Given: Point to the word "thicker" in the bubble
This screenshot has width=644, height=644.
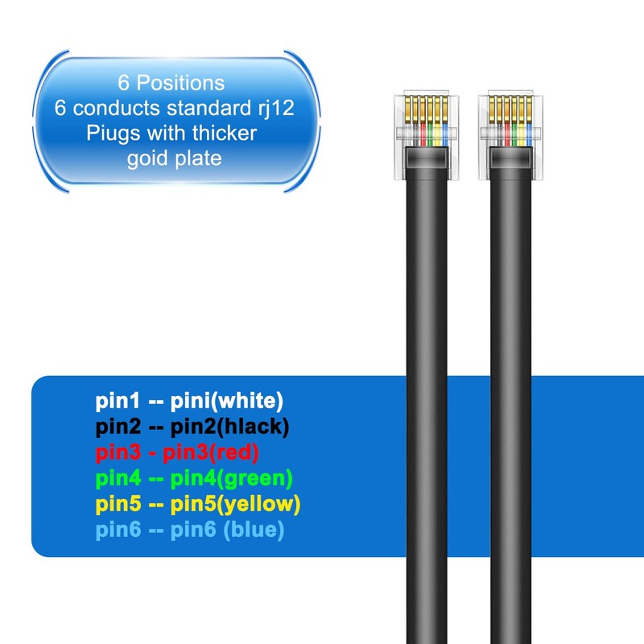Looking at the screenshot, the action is click(225, 133).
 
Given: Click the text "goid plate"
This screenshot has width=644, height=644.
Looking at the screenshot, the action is click(174, 158).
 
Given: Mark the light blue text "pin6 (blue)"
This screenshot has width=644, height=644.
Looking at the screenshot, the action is click(227, 531).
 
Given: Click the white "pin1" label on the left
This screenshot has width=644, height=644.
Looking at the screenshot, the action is click(118, 400).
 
